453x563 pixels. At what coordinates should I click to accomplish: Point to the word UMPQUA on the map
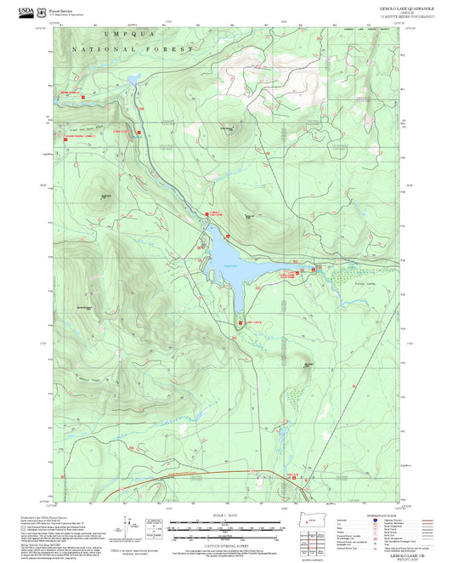[x=123, y=34]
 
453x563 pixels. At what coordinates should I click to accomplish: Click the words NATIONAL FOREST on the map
[x=133, y=50]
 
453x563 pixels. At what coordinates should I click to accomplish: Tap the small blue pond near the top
[x=133, y=79]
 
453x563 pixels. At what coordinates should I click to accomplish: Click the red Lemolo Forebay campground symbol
[x=137, y=132]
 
